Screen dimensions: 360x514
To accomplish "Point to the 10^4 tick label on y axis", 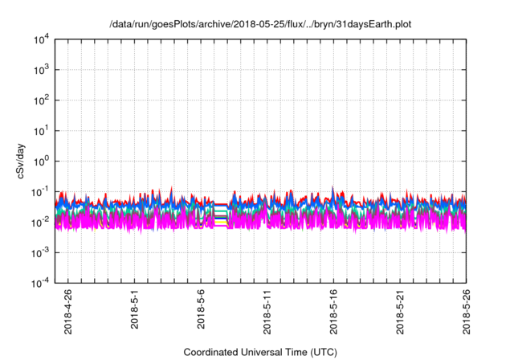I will (41, 39).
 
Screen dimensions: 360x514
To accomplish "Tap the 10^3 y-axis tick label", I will (41, 70).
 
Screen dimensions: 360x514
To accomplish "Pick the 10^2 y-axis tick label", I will (41, 100).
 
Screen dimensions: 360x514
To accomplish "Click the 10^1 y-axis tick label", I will (41, 130).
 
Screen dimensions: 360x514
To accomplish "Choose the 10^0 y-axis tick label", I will (41, 161).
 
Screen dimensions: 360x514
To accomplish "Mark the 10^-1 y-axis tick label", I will (41, 191).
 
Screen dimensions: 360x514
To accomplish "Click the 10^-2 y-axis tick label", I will (41, 222).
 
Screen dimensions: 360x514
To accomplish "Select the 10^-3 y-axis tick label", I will (41, 252).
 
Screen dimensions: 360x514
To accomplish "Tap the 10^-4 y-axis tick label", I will (41, 283).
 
